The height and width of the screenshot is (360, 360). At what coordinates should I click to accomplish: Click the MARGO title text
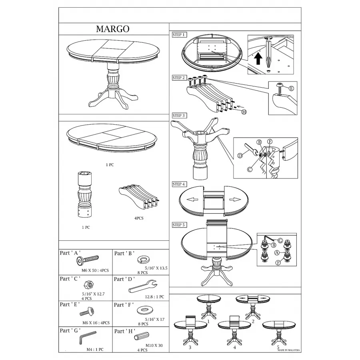click(x=112, y=29)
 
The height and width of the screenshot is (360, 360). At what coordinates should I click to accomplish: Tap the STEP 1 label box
click(x=179, y=35)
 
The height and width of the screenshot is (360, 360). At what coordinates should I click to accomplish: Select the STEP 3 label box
click(x=179, y=116)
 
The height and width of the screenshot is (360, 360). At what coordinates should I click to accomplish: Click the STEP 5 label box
click(x=179, y=225)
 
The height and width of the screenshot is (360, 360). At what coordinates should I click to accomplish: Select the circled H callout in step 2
click(x=243, y=112)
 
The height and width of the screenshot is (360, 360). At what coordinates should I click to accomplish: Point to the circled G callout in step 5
click(x=280, y=240)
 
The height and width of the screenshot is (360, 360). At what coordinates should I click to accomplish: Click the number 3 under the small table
click(x=190, y=347)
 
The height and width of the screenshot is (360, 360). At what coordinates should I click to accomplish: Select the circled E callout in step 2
click(x=291, y=89)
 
